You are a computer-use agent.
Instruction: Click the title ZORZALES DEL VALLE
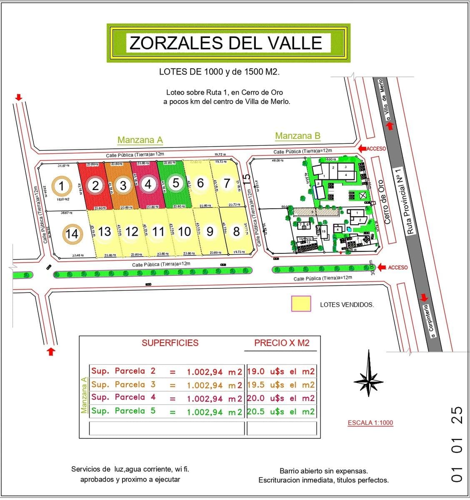(x=226, y=43)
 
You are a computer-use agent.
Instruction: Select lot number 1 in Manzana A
(x=62, y=186)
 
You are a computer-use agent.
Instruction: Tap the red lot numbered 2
(x=95, y=185)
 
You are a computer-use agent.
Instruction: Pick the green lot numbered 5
(x=175, y=183)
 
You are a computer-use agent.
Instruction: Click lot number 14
(x=72, y=234)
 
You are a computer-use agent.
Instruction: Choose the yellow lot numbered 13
(x=105, y=231)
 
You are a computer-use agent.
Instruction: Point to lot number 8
(x=236, y=231)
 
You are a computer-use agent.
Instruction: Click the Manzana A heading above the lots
(x=140, y=140)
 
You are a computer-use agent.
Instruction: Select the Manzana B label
(x=297, y=136)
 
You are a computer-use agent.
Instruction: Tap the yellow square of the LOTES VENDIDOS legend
(x=301, y=303)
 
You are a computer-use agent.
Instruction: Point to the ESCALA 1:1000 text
(x=370, y=422)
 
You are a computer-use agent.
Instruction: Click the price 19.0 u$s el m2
(x=281, y=371)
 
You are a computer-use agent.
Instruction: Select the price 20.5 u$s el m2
(x=281, y=411)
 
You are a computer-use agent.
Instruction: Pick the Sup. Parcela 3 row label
(x=123, y=385)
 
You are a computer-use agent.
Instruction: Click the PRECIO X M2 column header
(x=282, y=343)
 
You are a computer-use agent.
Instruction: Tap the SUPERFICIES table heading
(x=170, y=343)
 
